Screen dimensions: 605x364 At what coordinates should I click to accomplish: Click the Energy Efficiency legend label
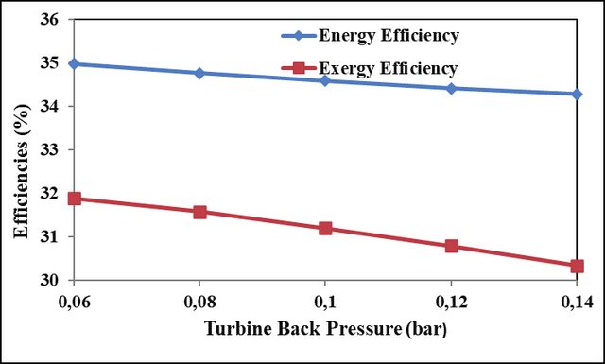click(389, 36)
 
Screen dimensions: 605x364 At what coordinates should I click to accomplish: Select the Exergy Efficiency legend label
click(389, 69)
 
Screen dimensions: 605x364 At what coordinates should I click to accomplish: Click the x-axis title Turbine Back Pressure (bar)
click(325, 329)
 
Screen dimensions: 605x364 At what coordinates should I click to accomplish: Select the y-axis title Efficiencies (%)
click(22, 171)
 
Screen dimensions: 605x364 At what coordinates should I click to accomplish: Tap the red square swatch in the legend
click(299, 69)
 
